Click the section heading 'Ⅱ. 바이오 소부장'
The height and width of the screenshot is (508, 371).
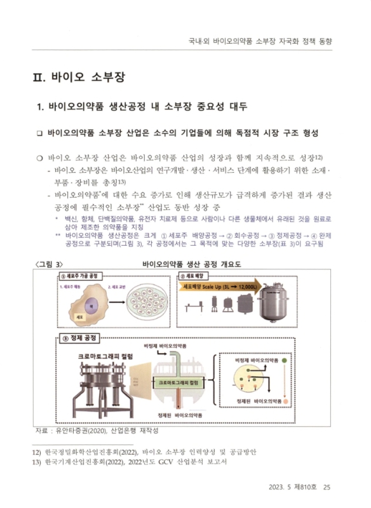tap(78, 77)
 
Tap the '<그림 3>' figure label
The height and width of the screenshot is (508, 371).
tap(50, 264)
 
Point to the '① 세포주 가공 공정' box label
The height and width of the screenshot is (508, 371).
tap(80, 276)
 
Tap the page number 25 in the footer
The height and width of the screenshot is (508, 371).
tap(327, 488)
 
